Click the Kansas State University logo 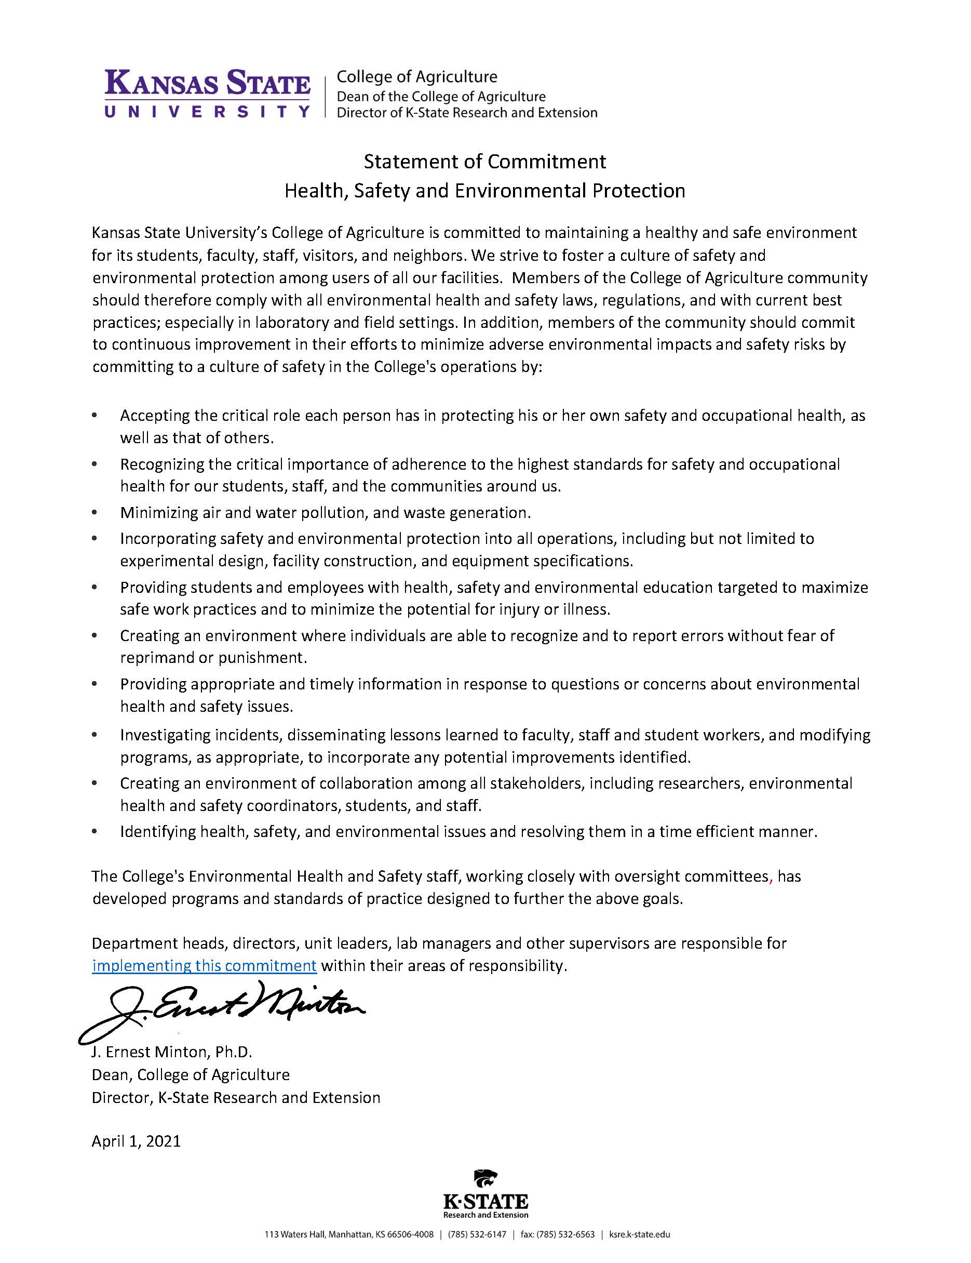tap(207, 92)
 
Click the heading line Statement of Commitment tap(484, 162)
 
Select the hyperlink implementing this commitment tap(204, 965)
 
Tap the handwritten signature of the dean tap(223, 1009)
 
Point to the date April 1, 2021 tap(136, 1141)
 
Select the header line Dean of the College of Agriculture tap(441, 96)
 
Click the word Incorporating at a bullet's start tap(168, 538)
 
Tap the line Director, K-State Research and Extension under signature tap(236, 1098)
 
